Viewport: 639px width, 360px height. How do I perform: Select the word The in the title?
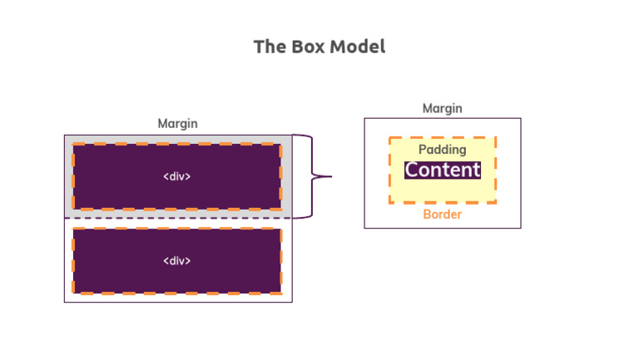(268, 47)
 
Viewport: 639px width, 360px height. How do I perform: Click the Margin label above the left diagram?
(178, 124)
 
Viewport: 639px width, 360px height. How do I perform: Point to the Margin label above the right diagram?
(442, 108)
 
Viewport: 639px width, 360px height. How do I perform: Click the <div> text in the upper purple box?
(176, 176)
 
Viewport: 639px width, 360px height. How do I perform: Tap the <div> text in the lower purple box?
(176, 261)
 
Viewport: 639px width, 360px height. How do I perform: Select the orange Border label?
(442, 215)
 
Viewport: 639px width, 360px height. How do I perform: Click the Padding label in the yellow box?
(442, 150)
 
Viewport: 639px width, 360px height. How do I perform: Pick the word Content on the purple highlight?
(443, 170)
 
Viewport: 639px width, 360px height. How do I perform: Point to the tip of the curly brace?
(330, 176)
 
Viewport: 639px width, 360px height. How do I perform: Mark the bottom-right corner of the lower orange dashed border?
(280, 293)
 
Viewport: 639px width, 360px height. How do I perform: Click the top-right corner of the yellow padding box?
(495, 138)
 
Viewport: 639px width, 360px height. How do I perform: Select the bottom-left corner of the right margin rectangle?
(364, 227)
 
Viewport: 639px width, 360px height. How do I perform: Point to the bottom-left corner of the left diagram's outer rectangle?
(65, 302)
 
